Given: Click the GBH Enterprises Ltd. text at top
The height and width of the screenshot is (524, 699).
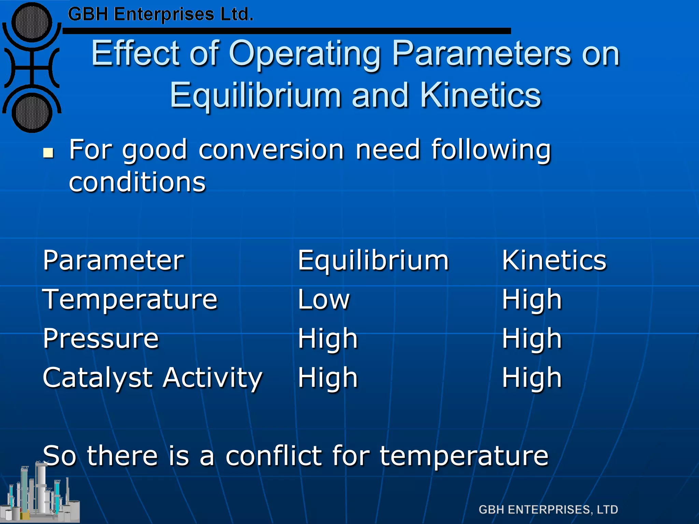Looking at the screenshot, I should click(160, 14).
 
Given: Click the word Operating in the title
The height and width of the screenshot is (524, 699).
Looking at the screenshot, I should click(305, 54).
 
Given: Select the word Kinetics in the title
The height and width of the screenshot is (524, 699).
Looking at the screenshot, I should click(480, 96).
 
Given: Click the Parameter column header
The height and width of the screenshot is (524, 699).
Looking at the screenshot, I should click(113, 260).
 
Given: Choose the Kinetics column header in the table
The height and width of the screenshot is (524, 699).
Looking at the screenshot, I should click(554, 260).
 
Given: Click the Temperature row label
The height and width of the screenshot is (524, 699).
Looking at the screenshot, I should click(130, 300).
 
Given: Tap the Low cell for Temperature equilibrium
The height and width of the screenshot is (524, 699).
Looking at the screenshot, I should click(324, 300).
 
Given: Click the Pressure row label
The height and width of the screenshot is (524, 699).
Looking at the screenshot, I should click(101, 339).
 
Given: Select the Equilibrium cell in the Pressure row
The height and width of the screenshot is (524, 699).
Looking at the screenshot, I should click(328, 339).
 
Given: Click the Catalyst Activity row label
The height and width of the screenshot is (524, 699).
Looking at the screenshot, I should click(153, 378).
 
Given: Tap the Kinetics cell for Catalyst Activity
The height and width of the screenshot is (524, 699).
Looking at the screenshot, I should click(531, 378).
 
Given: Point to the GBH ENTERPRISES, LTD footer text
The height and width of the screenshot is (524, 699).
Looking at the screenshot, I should click(548, 510).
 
